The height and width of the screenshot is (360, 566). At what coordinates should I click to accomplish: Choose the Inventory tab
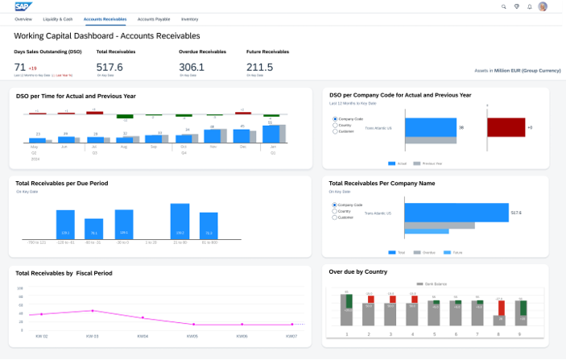coord(190,18)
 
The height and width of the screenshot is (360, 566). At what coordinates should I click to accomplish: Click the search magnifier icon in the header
coord(504,6)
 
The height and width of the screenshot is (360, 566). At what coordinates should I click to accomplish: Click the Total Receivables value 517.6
coord(109,67)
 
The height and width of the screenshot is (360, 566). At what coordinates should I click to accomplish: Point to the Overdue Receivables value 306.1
coord(192,67)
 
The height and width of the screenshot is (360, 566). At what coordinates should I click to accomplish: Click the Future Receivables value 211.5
coord(259,67)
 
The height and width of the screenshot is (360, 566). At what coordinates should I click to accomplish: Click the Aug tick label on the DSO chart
coord(124,147)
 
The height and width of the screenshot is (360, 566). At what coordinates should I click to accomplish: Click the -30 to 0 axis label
coord(122,242)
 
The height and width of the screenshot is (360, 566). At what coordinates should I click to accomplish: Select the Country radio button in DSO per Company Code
coord(335,125)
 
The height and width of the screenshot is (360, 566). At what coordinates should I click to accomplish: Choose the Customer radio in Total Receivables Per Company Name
coord(335,217)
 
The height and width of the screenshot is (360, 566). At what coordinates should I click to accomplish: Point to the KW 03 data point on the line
coord(93,310)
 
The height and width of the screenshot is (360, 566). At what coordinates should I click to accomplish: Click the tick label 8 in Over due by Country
coord(499,334)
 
